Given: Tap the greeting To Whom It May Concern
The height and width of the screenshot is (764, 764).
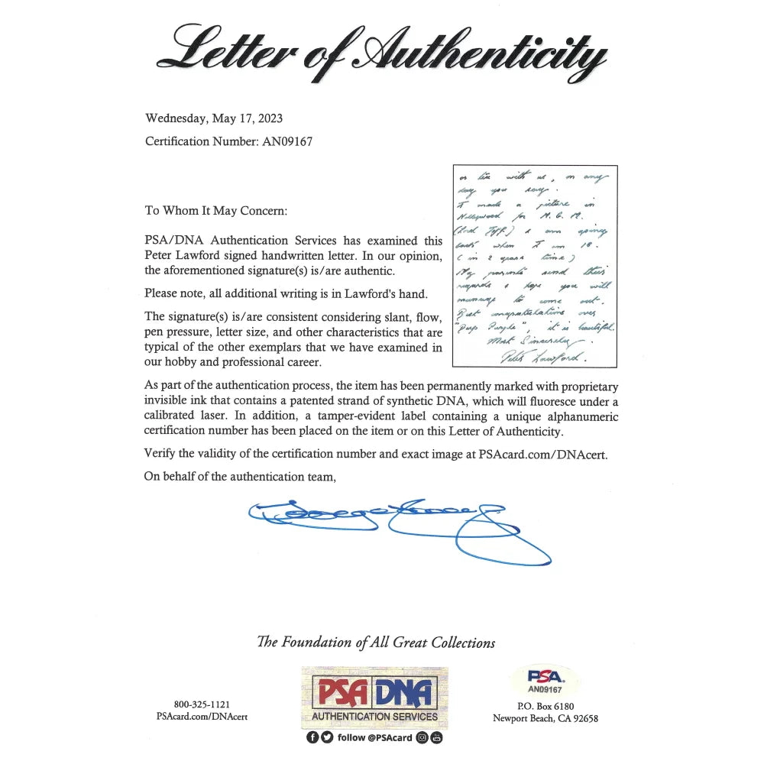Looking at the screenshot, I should tap(215, 211).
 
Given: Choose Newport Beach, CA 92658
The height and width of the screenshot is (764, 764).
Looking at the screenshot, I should tap(545, 718).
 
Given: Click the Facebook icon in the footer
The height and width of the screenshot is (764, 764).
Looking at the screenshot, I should tap(311, 737).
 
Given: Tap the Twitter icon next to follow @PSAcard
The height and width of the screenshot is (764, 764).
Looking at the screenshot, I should tap(324, 737).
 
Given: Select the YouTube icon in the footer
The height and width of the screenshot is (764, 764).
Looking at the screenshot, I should tap(436, 737).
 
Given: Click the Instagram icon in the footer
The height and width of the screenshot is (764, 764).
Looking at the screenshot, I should tap(423, 737).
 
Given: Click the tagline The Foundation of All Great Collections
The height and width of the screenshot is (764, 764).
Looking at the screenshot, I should tap(376, 643).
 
